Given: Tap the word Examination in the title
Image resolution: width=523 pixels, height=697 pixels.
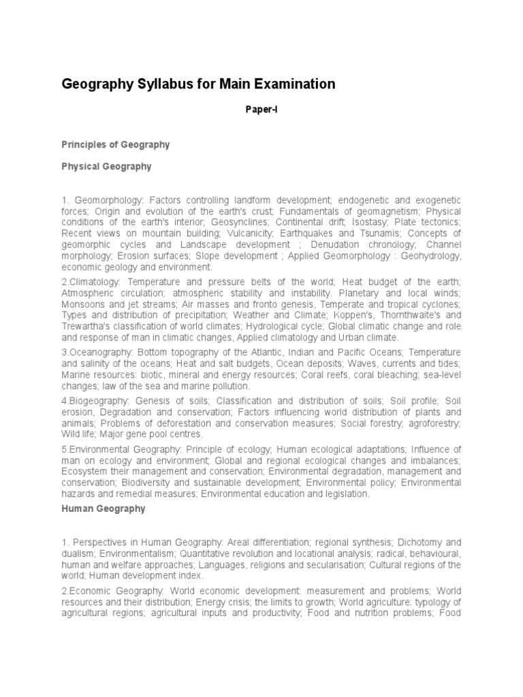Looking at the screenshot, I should (x=294, y=84).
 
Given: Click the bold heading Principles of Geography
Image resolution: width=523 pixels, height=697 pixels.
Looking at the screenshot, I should (x=115, y=145).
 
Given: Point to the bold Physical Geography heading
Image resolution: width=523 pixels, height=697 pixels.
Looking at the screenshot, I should (x=106, y=166).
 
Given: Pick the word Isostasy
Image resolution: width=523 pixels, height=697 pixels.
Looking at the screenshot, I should (x=370, y=223).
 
